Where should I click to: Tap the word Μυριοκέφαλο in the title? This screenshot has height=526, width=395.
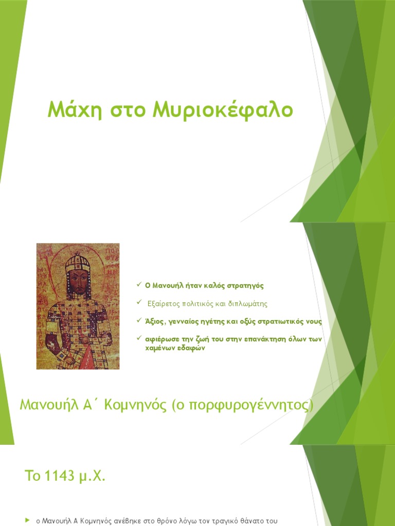coord(223,110)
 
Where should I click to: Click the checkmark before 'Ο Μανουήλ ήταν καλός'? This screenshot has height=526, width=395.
coord(139,285)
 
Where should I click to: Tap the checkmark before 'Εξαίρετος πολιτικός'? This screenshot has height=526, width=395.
coord(139,303)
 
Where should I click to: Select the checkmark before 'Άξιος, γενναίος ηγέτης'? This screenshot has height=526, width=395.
coord(139,321)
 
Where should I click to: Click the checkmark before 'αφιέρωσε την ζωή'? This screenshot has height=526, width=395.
coord(139,339)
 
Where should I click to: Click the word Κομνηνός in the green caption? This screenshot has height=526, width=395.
coord(137,406)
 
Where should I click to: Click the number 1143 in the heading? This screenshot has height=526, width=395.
coord(59,476)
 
